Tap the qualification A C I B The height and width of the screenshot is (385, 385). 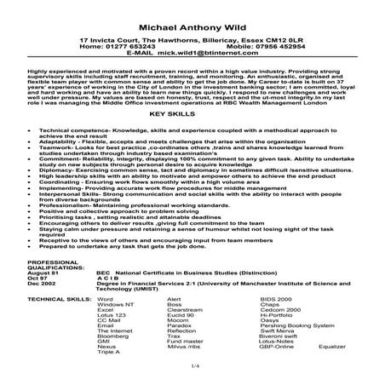[107, 279]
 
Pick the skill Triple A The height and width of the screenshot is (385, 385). [108, 355]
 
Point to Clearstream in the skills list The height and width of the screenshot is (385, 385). [185, 313]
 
